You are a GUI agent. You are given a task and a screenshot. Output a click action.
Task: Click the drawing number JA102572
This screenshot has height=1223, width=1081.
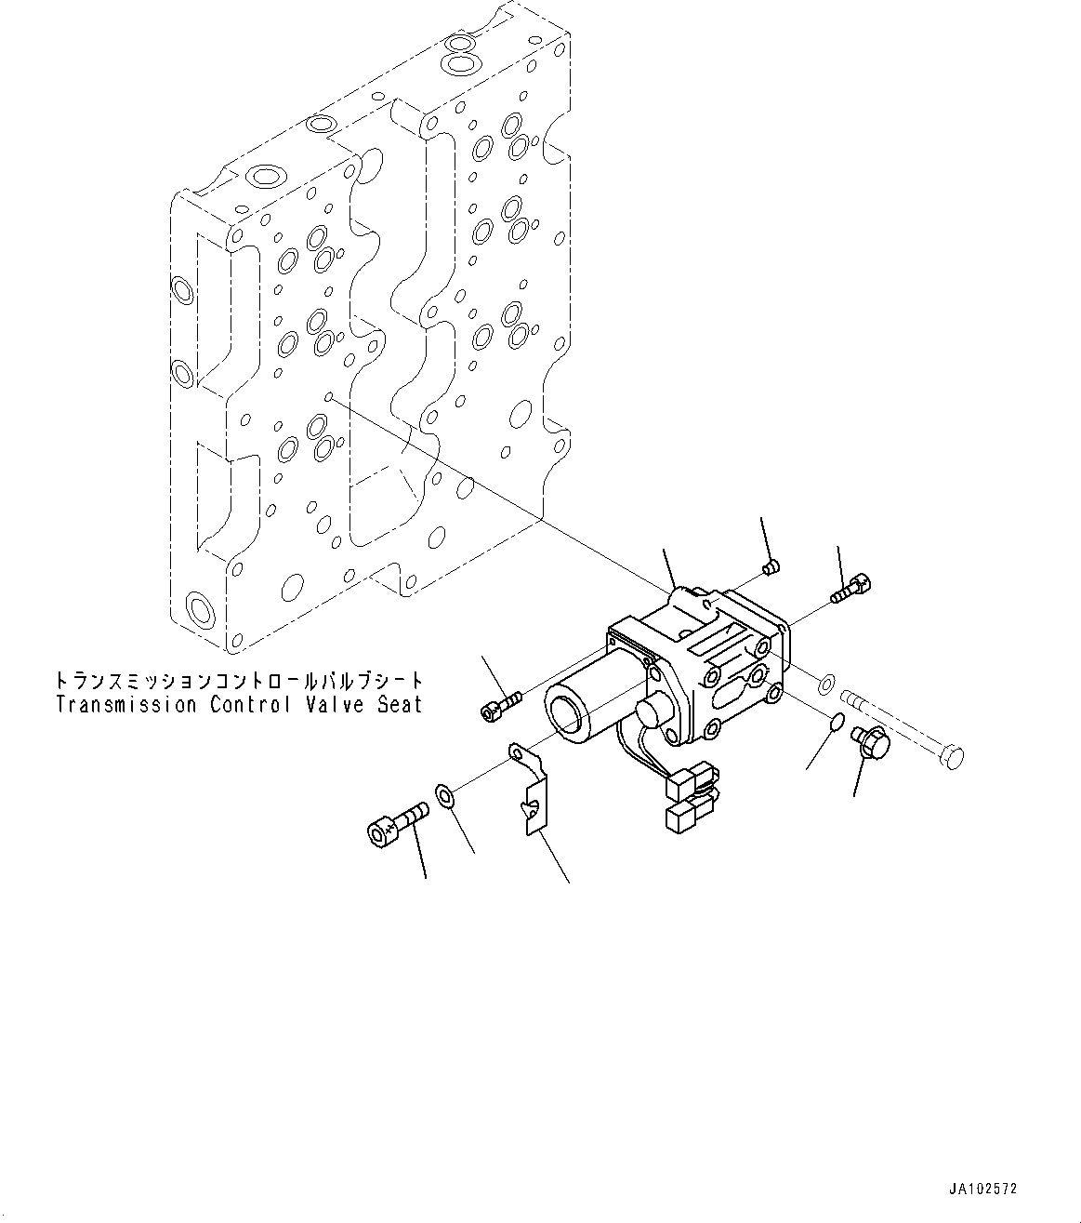[983, 1190]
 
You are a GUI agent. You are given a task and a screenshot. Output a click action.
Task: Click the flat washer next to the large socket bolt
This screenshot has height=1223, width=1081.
[444, 796]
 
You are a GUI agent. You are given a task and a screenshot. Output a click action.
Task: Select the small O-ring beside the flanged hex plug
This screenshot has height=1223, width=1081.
[836, 721]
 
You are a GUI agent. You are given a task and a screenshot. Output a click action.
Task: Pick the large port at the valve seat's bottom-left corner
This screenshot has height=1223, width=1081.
[198, 611]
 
